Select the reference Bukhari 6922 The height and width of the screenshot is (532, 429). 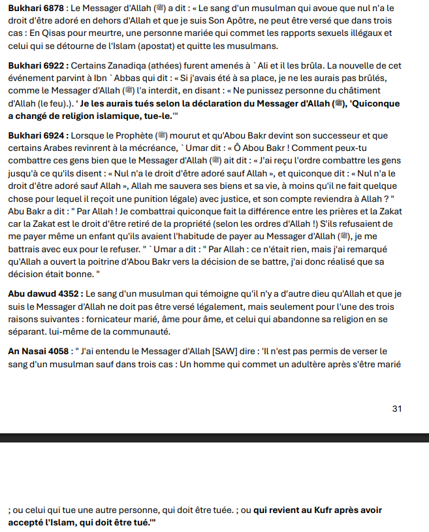(x=35, y=67)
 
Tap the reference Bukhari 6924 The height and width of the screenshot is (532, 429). (x=35, y=135)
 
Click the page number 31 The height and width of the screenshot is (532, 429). (x=397, y=408)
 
